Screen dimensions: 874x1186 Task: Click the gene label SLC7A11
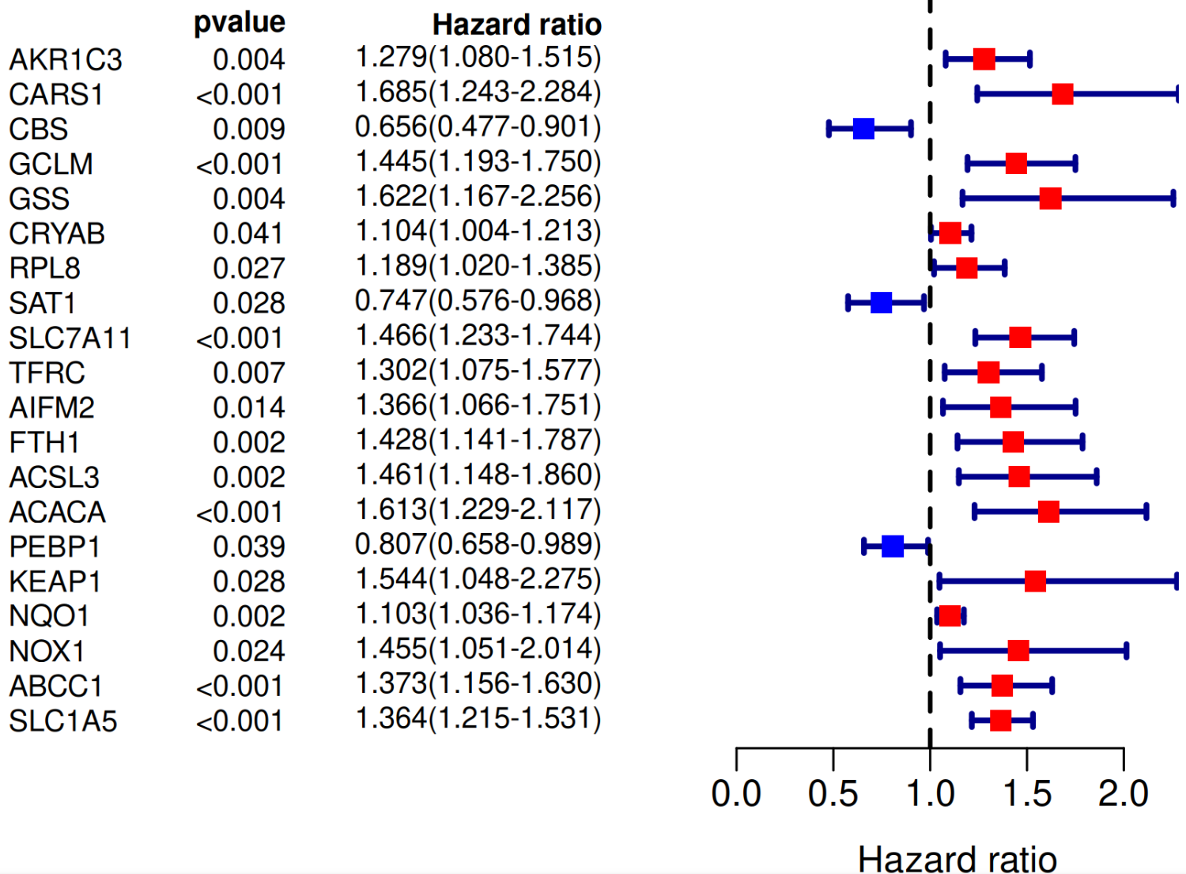pos(70,339)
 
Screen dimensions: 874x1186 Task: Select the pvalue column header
pos(240,22)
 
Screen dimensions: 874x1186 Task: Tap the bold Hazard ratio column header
pos(516,25)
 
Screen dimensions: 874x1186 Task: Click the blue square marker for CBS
pos(863,129)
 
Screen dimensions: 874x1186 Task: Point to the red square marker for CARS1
pos(1063,94)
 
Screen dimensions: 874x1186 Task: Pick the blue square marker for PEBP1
pos(893,547)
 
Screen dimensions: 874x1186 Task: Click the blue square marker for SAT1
pos(881,303)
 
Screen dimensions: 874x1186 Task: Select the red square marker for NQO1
pos(950,616)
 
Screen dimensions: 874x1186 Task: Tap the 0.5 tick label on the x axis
pos(833,793)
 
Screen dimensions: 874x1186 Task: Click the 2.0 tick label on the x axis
pos(1123,793)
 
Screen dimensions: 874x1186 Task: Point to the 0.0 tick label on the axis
pos(736,793)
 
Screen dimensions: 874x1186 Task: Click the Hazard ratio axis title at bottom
pos(957,858)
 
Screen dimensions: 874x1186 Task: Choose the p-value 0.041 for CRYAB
pos(248,234)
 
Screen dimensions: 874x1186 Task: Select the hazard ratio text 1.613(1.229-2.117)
pos(478,510)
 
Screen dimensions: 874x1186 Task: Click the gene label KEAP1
pos(55,582)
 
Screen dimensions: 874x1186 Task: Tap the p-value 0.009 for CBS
pos(248,130)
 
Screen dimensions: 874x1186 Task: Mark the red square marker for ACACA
pos(1048,512)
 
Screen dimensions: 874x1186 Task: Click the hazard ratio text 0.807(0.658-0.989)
pos(478,545)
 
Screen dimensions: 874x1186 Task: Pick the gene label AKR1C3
pos(66,60)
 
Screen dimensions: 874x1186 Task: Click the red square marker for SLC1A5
pos(1000,721)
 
